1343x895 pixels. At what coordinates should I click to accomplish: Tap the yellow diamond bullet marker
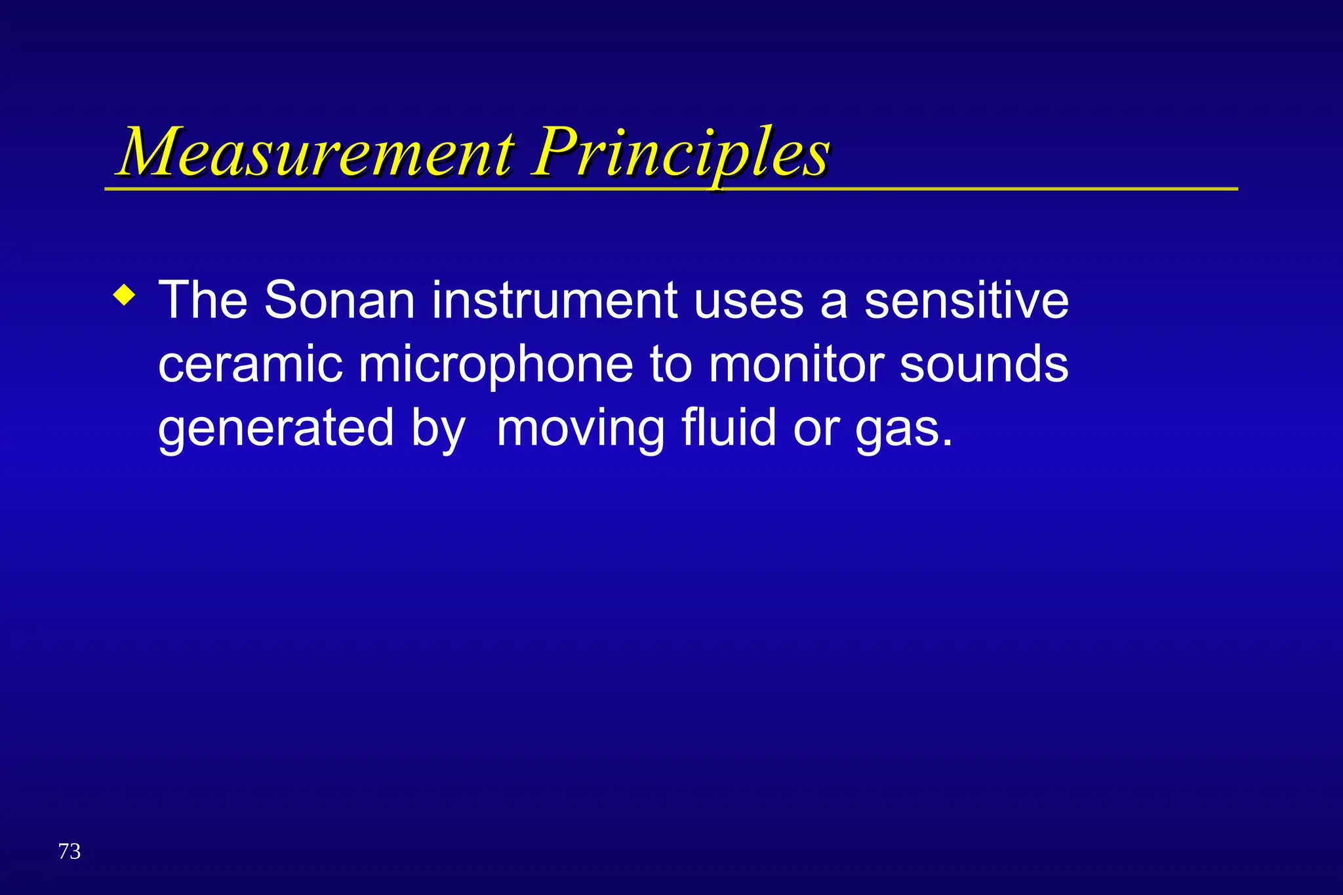(x=124, y=294)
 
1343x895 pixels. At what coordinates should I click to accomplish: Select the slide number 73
(x=70, y=851)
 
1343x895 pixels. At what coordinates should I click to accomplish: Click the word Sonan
(x=339, y=300)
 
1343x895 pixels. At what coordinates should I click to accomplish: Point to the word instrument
(x=554, y=300)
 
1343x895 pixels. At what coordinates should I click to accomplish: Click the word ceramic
(x=250, y=365)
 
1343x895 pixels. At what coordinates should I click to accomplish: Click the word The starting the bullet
(x=203, y=300)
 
